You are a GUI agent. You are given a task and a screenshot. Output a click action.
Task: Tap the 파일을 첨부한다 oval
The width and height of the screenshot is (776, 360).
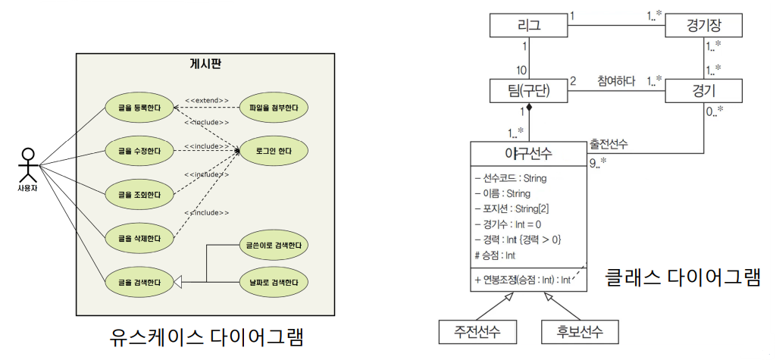[273, 108]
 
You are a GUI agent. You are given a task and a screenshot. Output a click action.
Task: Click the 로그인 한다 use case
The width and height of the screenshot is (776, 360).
[273, 152]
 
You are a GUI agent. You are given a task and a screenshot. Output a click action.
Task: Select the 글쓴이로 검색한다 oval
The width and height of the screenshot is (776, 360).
[273, 247]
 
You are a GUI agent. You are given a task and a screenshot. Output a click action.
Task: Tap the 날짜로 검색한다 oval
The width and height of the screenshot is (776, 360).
[273, 282]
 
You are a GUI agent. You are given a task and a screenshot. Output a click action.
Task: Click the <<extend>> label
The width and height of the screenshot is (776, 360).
[206, 99]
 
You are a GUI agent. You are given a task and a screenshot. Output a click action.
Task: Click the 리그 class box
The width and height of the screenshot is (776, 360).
[529, 27]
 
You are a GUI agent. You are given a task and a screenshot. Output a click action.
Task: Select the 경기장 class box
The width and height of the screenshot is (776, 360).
[703, 27]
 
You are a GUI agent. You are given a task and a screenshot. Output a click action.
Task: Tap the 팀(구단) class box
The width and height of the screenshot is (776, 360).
[529, 91]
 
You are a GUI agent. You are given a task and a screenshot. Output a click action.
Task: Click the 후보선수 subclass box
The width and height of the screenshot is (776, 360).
[579, 331]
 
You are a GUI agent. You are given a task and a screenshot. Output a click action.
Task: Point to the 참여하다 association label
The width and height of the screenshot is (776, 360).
[615, 81]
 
